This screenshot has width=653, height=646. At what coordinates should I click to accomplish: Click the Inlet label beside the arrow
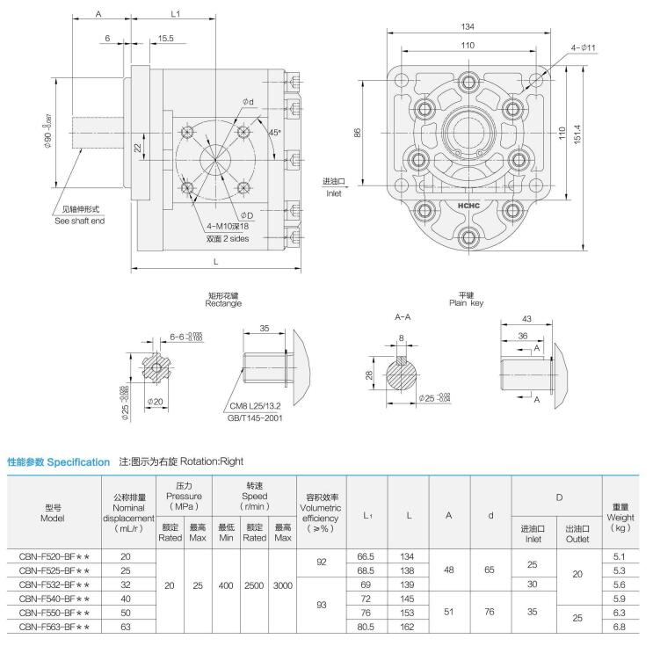pyautogui.click(x=334, y=192)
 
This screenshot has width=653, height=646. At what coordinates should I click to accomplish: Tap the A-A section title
pyautogui.click(x=403, y=316)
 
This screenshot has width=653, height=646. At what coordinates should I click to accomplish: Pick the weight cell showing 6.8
pyautogui.click(x=619, y=626)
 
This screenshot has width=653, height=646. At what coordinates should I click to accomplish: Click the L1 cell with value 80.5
pyautogui.click(x=367, y=626)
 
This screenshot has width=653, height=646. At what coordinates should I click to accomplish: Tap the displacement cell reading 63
pyautogui.click(x=125, y=626)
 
